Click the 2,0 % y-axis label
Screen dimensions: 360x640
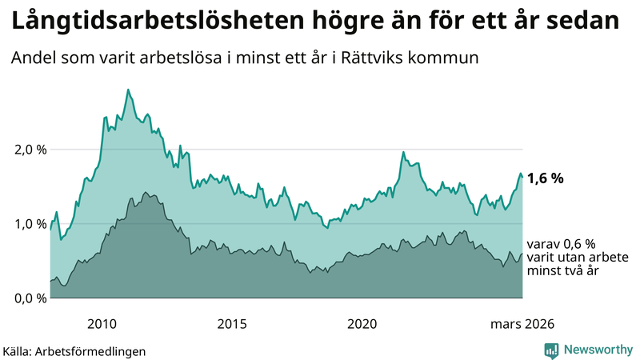click(x=30, y=150)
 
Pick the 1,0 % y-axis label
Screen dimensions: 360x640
click(x=30, y=224)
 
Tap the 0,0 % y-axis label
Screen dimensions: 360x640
click(x=30, y=298)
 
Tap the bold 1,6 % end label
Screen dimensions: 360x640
click(x=546, y=178)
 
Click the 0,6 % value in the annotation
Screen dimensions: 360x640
click(x=573, y=244)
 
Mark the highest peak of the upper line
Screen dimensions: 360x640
click(x=128, y=90)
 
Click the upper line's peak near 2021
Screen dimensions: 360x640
click(x=403, y=152)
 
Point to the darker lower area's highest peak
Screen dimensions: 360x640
click(x=145, y=193)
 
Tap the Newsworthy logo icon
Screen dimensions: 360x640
click(x=551, y=350)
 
